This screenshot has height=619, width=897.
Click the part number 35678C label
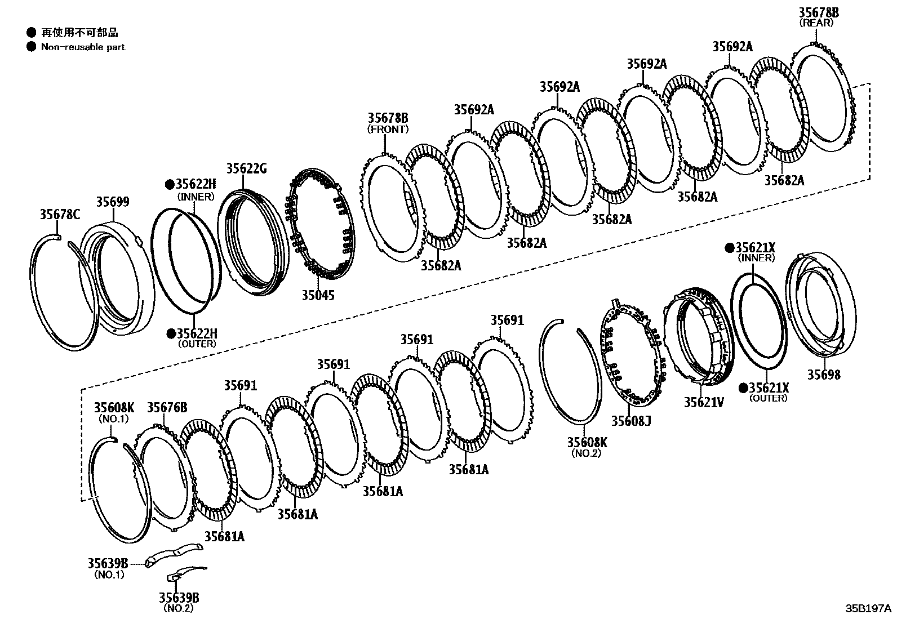tap(60, 213)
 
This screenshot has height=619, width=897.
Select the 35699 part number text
tap(112, 202)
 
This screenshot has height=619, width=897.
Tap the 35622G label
tap(246, 168)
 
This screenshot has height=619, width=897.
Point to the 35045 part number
tap(317, 295)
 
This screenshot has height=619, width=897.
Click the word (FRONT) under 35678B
tap(388, 129)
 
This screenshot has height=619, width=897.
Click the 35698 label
tap(823, 375)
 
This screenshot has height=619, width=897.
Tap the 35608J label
tap(631, 420)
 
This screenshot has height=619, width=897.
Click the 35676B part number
tap(167, 407)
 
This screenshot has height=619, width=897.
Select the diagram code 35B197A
tap(868, 608)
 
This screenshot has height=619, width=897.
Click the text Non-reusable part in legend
tap(83, 47)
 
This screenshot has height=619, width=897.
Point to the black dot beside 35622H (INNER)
tap(169, 184)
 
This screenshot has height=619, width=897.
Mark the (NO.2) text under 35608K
tap(587, 453)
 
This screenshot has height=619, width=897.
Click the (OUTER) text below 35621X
tap(769, 398)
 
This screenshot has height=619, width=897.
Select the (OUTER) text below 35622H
tap(197, 344)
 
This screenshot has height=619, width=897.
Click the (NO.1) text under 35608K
tap(114, 418)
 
